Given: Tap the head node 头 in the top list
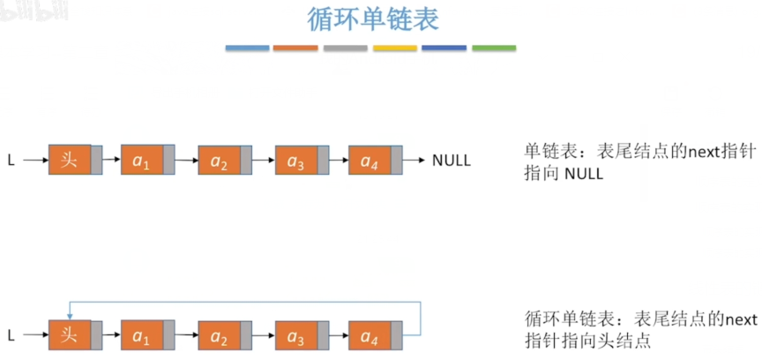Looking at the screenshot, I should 70,160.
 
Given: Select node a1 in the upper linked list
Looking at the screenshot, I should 142,160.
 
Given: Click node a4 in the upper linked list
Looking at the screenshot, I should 370,160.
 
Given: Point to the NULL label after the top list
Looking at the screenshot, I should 451,161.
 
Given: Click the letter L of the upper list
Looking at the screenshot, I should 11,161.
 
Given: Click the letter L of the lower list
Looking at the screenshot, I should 11,335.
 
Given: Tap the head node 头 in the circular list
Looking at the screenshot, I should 70,335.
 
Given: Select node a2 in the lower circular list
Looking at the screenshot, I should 219,335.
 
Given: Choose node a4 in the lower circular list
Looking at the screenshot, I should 370,335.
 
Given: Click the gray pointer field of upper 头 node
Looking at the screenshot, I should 97,160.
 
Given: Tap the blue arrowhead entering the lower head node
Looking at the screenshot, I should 70,316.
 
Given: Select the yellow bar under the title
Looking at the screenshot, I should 395,48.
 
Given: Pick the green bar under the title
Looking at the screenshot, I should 494,48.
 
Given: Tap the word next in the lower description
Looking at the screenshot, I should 740,319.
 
